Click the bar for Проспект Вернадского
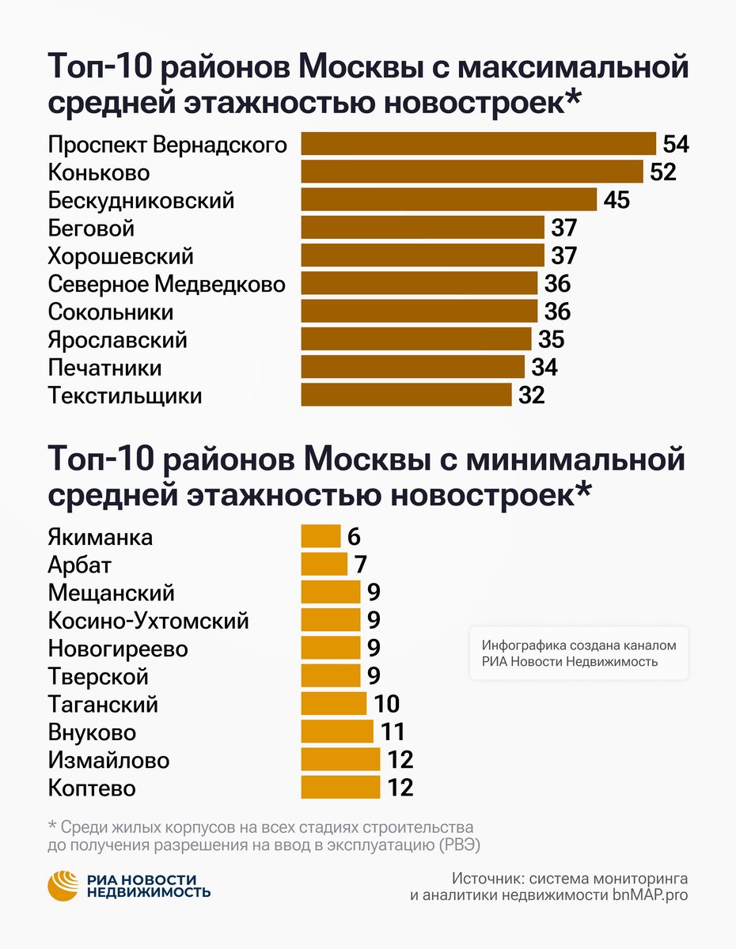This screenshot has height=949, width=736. click(x=478, y=144)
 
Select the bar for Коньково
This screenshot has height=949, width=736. click(x=472, y=172)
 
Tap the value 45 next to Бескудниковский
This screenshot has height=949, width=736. click(x=616, y=200)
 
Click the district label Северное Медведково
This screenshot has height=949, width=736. click(x=166, y=283)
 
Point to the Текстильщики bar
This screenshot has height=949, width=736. click(x=406, y=395)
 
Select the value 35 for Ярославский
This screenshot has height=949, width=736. click(x=551, y=339)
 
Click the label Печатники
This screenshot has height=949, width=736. click(x=104, y=368)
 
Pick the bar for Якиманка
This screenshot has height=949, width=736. click(x=321, y=537)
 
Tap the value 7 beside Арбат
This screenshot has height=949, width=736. click(x=360, y=565)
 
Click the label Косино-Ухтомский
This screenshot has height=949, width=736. click(x=148, y=621)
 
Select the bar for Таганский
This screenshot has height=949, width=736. click(x=333, y=704)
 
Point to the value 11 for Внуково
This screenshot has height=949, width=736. click(x=393, y=732)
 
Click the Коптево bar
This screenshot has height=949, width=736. click(x=340, y=788)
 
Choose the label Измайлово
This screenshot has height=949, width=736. click(x=108, y=760)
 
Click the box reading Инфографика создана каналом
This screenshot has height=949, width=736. click(x=579, y=653)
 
